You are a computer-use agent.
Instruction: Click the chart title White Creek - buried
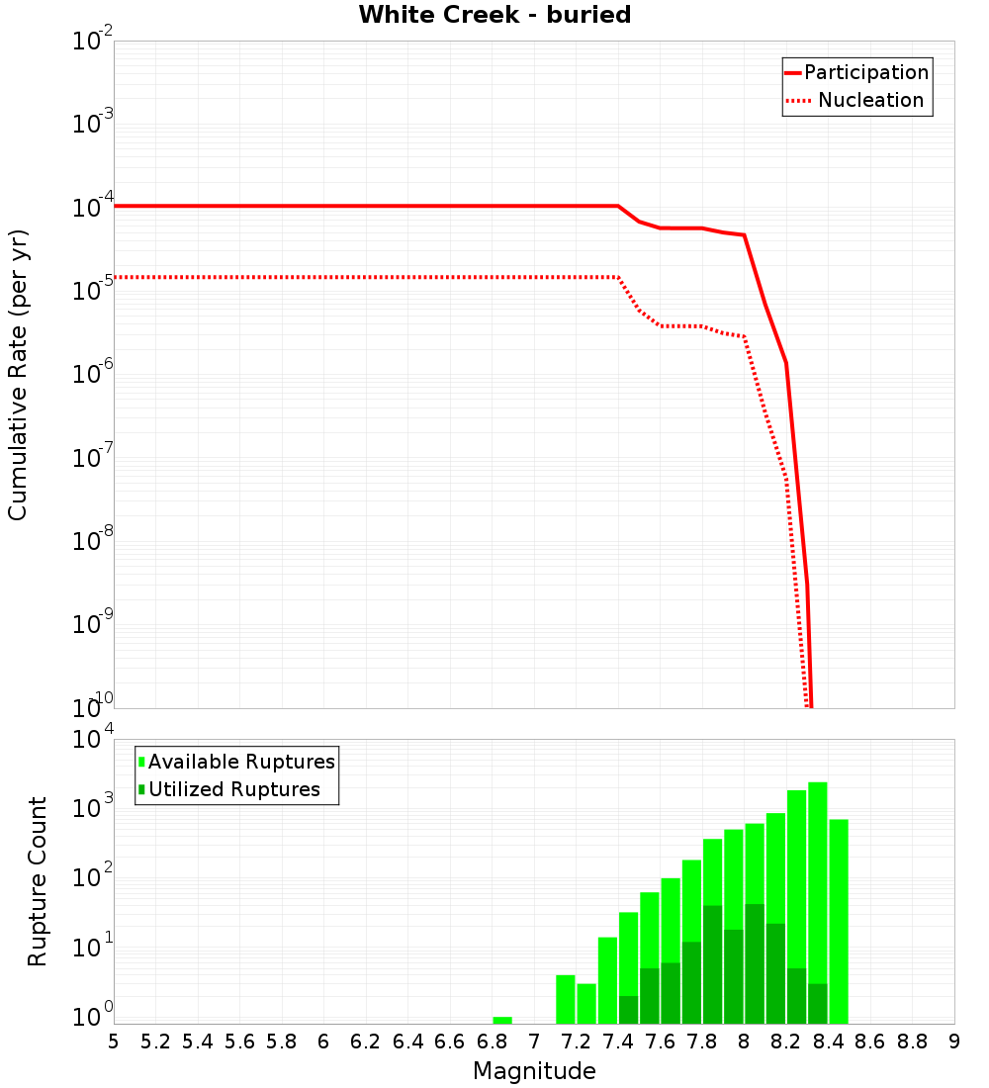pyautogui.click(x=494, y=15)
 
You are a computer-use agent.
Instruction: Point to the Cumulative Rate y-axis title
pyautogui.click(x=18, y=374)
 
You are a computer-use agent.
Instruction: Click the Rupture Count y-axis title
pyautogui.click(x=38, y=880)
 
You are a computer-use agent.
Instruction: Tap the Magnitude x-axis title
pyautogui.click(x=534, y=1071)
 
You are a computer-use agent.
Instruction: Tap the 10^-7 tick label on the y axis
pyautogui.click(x=91, y=459)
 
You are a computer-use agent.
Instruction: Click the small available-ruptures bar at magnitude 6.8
pyautogui.click(x=502, y=1020)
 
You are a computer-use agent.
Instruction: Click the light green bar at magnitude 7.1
pyautogui.click(x=566, y=999)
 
